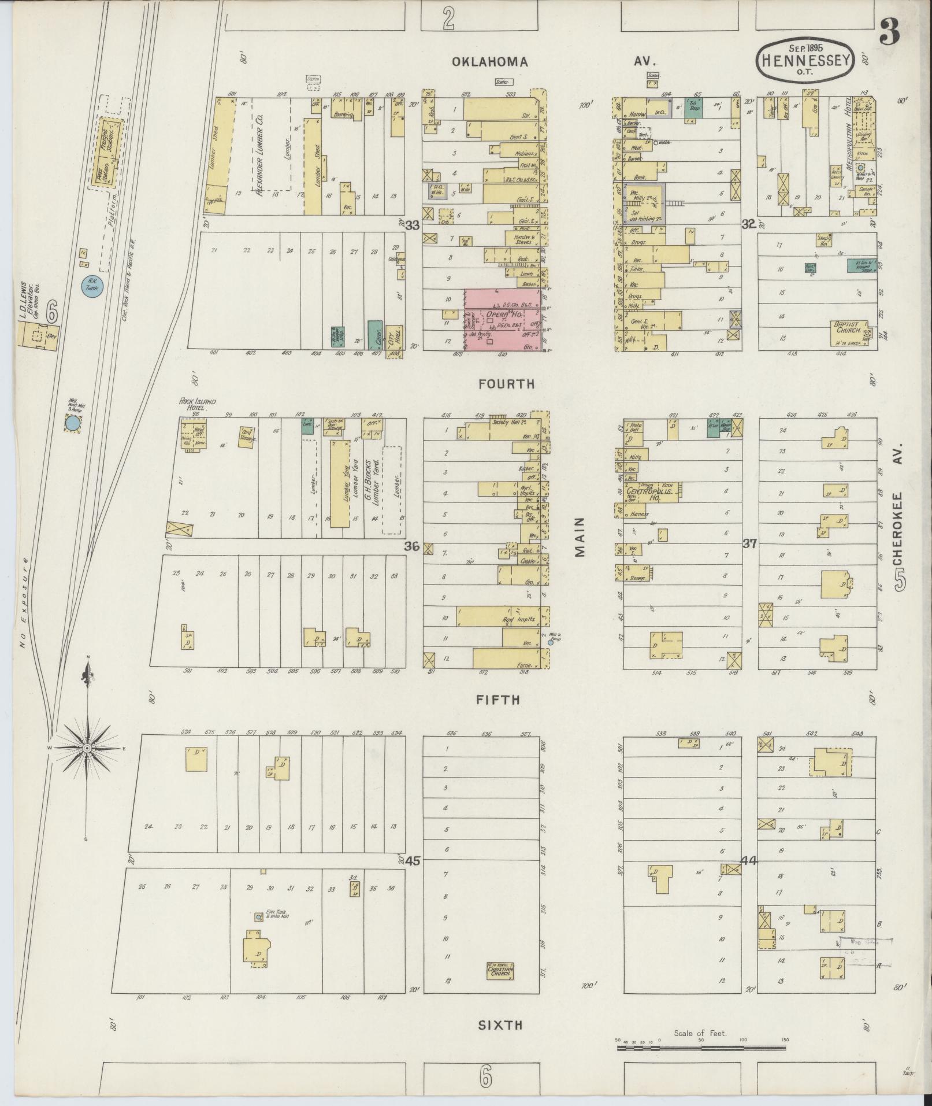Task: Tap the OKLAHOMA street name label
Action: (490, 62)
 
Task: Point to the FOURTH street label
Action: (506, 384)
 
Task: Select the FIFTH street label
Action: (497, 700)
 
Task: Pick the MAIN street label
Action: (580, 537)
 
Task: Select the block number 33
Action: (411, 224)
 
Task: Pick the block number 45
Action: (411, 861)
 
